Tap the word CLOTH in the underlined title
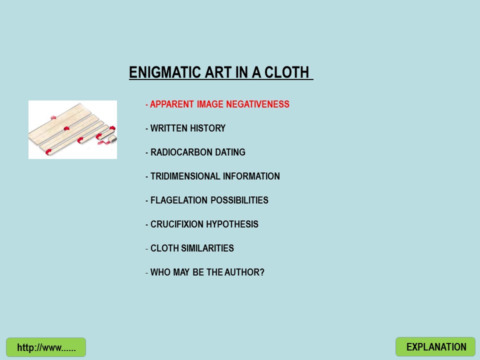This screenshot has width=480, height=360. [286, 72]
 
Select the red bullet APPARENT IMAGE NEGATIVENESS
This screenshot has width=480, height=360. [217, 104]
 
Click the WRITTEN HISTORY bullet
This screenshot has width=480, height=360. [185, 128]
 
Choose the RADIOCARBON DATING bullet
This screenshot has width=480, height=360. [195, 152]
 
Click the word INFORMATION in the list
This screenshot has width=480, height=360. [251, 176]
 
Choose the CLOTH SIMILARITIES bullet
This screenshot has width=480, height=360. [189, 248]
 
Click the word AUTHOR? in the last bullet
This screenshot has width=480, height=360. [244, 272]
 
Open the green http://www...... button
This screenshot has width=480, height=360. [46, 347]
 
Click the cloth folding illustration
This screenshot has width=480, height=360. [72, 129]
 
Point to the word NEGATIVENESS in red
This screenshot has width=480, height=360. [258, 104]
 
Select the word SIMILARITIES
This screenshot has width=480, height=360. [207, 248]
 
